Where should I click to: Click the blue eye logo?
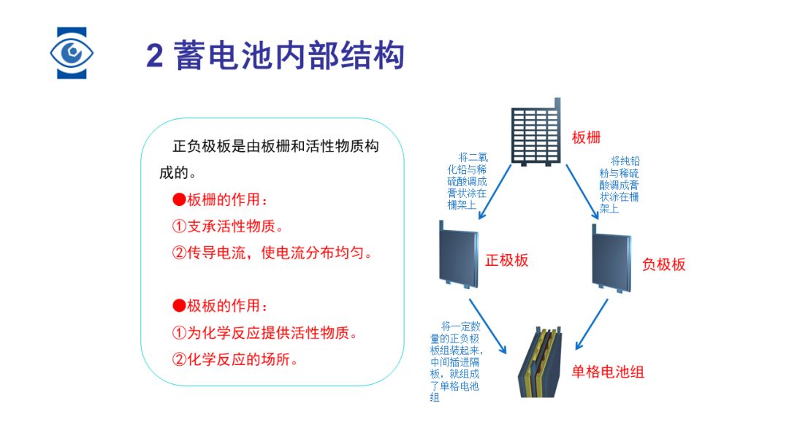click(x=72, y=53)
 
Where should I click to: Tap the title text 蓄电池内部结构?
click(x=289, y=55)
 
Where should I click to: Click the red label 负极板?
click(x=663, y=264)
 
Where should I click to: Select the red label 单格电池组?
click(x=607, y=372)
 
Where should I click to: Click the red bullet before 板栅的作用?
click(x=179, y=200)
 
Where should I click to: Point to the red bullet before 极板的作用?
click(x=179, y=305)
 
